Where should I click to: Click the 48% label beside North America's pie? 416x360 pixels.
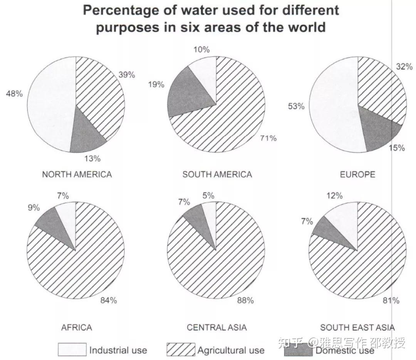(14, 94)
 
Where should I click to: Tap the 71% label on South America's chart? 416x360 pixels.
(268, 138)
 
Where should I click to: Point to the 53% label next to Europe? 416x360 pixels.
(296, 106)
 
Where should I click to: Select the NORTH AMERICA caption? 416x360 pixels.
(77, 174)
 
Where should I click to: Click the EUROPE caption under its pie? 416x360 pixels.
(357, 174)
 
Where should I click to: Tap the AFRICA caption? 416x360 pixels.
(77, 328)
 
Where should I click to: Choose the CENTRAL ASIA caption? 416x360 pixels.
(216, 328)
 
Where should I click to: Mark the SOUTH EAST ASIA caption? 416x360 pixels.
(357, 328)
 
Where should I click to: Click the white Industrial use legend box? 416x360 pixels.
(72, 350)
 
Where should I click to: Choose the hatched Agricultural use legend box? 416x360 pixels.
(181, 350)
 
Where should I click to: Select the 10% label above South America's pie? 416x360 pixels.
(201, 49)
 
